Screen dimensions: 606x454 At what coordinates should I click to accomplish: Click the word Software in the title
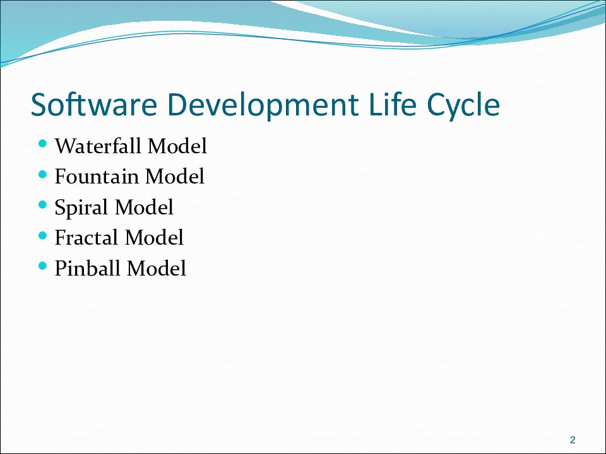[x=94, y=104]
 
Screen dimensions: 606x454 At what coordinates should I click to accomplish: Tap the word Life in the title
[x=392, y=103]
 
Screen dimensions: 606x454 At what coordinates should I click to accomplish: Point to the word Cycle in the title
[x=463, y=106]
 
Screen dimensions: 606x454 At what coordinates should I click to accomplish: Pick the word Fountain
[x=97, y=177]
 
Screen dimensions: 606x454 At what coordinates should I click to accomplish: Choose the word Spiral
[x=81, y=207]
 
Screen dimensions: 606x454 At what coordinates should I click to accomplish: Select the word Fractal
[x=86, y=238]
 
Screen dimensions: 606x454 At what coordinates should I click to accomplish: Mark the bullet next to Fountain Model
[x=43, y=175]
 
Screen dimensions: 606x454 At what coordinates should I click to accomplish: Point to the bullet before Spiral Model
[x=43, y=205]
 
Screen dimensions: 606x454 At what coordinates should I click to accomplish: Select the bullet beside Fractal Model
[x=43, y=235]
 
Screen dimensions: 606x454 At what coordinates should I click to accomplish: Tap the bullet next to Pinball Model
[x=43, y=266]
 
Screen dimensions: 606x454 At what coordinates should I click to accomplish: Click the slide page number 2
[x=573, y=439]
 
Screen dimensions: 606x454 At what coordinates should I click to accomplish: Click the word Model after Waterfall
[x=177, y=146]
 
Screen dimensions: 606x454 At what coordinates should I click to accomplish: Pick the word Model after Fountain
[x=175, y=177]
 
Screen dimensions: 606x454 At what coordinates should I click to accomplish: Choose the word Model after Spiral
[x=144, y=207]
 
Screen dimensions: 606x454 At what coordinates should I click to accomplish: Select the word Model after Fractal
[x=154, y=238]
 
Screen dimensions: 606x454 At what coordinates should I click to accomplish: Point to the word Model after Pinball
[x=157, y=268]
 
